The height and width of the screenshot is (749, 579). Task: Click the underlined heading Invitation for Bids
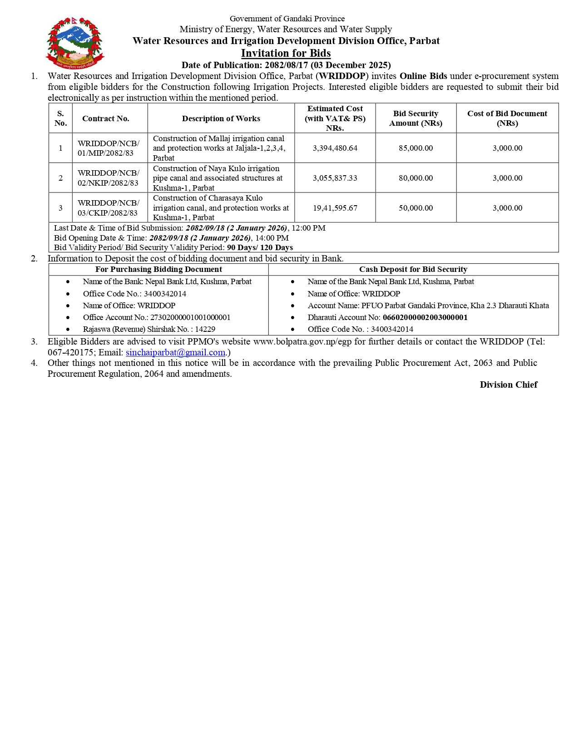tap(286, 53)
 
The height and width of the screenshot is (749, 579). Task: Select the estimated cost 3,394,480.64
tap(335, 148)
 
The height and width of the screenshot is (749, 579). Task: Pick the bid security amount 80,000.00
tap(416, 178)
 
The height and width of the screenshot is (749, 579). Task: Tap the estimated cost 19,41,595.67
tap(335, 208)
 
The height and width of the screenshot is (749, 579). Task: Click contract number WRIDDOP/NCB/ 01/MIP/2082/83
tap(109, 148)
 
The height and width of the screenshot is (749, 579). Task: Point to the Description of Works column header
tap(221, 118)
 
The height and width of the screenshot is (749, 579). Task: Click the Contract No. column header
tap(105, 118)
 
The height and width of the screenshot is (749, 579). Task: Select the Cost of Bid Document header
tap(507, 118)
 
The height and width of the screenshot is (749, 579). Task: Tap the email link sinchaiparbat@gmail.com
tap(175, 352)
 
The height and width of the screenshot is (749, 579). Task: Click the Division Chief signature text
tap(508, 384)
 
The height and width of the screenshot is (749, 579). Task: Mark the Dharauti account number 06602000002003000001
tap(425, 317)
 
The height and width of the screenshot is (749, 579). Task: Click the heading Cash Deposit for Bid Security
tap(413, 269)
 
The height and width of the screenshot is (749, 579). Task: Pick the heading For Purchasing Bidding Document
tap(158, 269)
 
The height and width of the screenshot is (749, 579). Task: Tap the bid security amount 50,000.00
tap(416, 208)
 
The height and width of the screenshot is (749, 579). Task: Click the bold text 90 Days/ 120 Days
tap(260, 247)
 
